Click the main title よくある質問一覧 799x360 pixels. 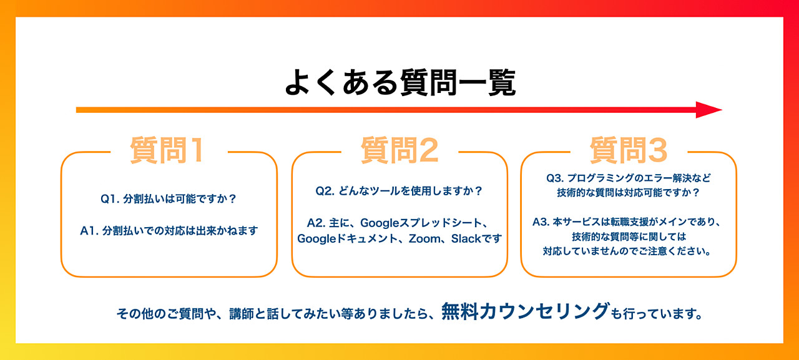click(400, 83)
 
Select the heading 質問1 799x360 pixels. click(168, 150)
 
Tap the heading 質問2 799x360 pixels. click(399, 150)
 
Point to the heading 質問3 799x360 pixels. click(629, 150)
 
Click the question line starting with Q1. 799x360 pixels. click(169, 199)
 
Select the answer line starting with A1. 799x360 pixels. click(169, 231)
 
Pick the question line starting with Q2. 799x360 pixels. click(399, 191)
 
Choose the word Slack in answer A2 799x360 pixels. click(466, 238)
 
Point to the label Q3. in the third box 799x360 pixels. click(555, 178)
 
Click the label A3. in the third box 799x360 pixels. click(541, 222)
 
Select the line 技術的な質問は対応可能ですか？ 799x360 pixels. click(629, 193)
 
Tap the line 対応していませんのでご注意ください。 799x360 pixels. click(627, 251)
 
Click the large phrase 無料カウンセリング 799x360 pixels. click(526, 311)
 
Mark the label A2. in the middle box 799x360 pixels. click(316, 223)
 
